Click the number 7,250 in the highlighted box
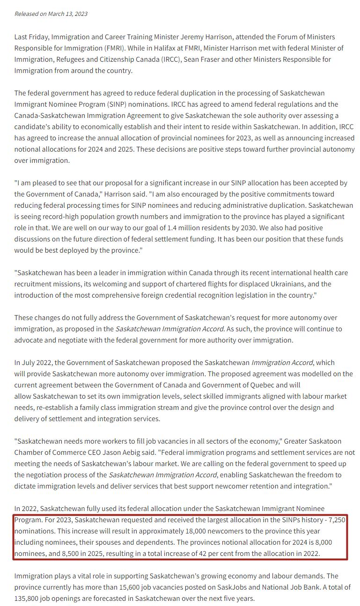tap(336, 520)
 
